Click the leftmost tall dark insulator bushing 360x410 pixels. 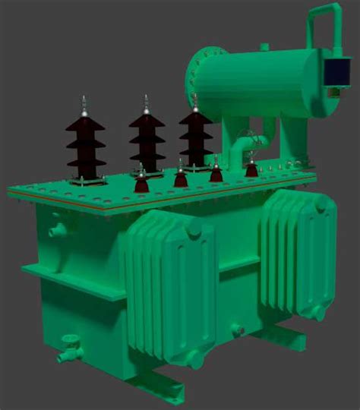[x=84, y=144]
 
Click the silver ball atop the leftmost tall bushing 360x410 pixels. [x=84, y=113]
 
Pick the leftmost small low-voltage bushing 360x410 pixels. [x=141, y=183]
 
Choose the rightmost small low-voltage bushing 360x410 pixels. [x=251, y=168]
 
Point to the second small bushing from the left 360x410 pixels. [x=180, y=177]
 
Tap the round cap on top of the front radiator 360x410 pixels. [x=194, y=228]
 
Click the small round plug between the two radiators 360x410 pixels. [x=236, y=330]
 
